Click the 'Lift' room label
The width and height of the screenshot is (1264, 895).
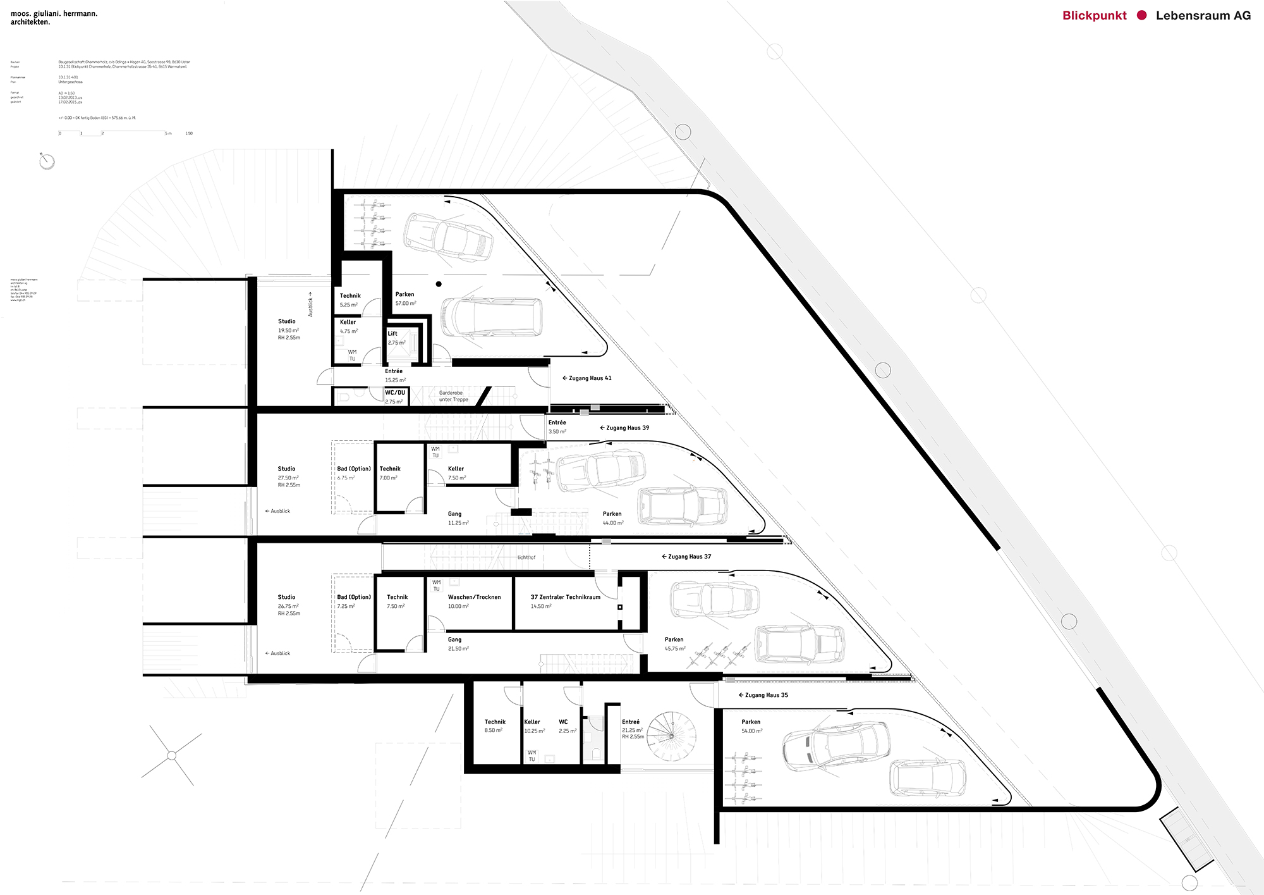coord(392,333)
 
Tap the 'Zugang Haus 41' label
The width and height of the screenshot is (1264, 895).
coord(587,378)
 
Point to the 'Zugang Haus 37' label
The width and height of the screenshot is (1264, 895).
coord(686,557)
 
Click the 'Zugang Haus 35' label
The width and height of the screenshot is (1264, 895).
coord(763,695)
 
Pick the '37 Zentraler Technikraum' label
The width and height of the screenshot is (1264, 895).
coord(565,597)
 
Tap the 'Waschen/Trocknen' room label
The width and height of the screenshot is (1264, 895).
coord(474,597)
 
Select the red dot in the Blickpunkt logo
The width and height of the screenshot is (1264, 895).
coord(1141,15)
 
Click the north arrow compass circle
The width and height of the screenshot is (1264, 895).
coord(47,162)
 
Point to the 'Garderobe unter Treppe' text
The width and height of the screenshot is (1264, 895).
coord(453,396)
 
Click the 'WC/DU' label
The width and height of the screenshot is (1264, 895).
coord(395,393)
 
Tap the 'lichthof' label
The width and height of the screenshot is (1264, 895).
coord(526,557)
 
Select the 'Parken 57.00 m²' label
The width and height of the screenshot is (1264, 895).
coord(405,299)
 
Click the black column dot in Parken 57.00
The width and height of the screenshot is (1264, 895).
coord(439,284)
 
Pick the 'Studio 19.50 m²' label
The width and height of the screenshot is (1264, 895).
coord(288,326)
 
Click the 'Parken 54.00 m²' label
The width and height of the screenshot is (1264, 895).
coord(751,726)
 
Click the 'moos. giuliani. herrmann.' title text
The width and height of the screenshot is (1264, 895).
coord(54,13)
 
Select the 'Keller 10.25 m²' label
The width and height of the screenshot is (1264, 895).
coord(533,726)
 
